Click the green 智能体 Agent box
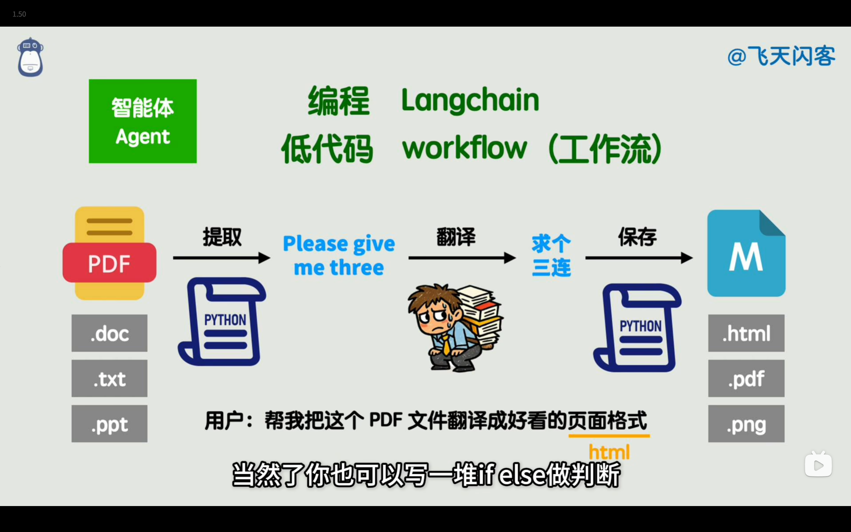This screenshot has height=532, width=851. click(x=143, y=121)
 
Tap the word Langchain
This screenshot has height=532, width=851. click(x=470, y=100)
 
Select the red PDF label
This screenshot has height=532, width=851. click(x=109, y=263)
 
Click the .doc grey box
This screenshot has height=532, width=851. click(x=109, y=333)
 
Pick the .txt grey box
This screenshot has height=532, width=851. click(x=109, y=378)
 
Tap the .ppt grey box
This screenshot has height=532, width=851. click(x=109, y=424)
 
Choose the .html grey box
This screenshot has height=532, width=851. click(x=746, y=333)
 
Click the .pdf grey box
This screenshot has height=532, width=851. click(x=746, y=378)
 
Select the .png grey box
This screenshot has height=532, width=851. click(x=746, y=424)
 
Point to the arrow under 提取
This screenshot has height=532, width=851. click(x=222, y=258)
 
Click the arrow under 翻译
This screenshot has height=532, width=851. click(x=462, y=258)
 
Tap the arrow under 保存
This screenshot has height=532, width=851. click(x=639, y=258)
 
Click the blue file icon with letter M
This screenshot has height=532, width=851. click(x=746, y=253)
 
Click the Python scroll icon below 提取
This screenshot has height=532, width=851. click(x=222, y=322)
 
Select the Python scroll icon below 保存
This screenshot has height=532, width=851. click(x=637, y=328)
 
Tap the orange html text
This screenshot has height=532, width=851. click(x=609, y=452)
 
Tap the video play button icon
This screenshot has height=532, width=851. click(x=818, y=464)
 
